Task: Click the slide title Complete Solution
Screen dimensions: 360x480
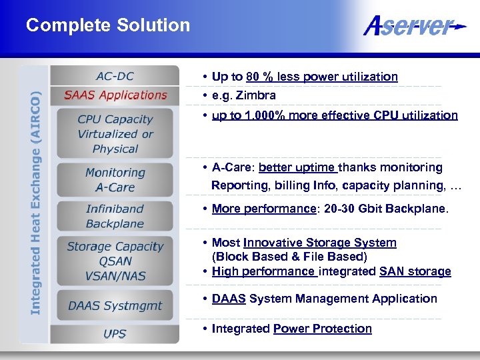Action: point(108,26)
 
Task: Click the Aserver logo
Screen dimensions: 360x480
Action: point(413,27)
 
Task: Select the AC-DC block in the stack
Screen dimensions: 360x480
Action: point(115,76)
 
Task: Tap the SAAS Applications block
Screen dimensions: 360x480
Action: point(115,95)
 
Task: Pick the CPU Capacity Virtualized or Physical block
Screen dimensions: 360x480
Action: point(115,134)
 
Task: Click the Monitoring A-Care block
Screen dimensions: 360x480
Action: point(115,180)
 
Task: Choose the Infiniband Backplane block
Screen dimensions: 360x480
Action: point(115,217)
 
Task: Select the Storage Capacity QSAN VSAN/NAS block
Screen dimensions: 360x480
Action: point(115,261)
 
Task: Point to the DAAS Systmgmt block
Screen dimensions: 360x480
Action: point(115,306)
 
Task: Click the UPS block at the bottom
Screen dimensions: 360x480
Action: point(115,333)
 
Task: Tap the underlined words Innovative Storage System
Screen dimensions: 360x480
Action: point(319,243)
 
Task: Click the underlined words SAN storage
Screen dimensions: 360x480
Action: point(415,271)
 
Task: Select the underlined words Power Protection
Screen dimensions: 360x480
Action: point(322,329)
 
